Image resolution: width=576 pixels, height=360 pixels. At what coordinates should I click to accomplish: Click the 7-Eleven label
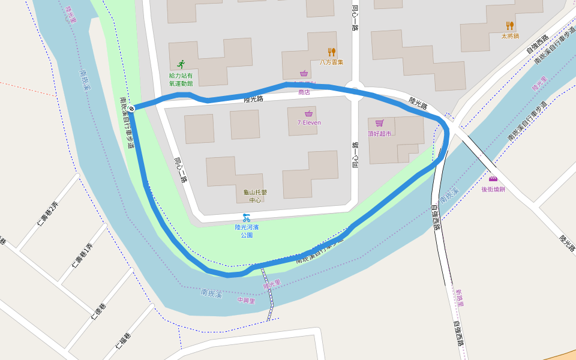[309, 122]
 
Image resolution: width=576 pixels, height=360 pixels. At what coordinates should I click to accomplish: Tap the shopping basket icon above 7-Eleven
[309, 113]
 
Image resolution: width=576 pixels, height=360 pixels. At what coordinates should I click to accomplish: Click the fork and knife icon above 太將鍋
[510, 25]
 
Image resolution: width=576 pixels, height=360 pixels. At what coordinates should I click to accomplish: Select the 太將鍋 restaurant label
[510, 36]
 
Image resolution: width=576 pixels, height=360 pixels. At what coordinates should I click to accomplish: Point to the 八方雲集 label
[331, 62]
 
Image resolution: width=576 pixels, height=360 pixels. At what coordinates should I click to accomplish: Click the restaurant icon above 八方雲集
[331, 52]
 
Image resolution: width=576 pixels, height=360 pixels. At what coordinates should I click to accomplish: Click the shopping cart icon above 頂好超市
[380, 123]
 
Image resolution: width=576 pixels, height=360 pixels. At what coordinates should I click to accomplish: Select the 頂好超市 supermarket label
[380, 133]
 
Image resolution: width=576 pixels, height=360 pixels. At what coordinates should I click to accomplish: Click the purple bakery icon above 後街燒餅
[493, 179]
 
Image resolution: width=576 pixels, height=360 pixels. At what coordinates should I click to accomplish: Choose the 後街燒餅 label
[493, 189]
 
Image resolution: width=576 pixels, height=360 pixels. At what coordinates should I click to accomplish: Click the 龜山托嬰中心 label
[255, 196]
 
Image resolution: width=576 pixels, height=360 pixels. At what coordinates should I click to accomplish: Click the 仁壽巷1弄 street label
[82, 256]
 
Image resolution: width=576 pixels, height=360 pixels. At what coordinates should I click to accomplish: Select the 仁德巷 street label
[99, 309]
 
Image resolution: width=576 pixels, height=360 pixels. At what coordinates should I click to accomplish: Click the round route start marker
[131, 109]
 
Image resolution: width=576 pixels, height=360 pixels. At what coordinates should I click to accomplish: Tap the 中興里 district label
[246, 301]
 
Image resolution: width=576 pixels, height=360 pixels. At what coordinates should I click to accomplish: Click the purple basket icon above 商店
[304, 74]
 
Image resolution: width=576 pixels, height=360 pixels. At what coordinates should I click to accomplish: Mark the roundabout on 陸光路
[354, 92]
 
